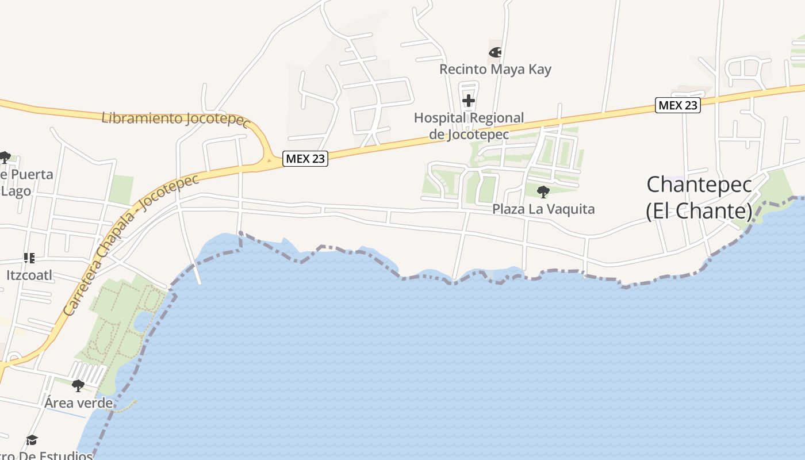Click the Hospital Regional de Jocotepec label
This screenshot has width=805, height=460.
click(x=469, y=126)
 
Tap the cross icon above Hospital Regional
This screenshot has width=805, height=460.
click(x=469, y=101)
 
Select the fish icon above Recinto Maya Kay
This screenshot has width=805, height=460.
click(x=494, y=52)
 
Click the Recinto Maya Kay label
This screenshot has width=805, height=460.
click(x=495, y=70)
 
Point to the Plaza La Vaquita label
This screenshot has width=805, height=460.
click(x=543, y=209)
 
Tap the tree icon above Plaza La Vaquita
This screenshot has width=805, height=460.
click(x=543, y=191)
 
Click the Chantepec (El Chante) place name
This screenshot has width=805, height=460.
click(x=699, y=198)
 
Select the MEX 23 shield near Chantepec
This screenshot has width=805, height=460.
click(x=678, y=105)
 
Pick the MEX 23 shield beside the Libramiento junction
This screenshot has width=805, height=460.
click(x=305, y=159)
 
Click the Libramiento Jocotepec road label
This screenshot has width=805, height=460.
click(x=176, y=120)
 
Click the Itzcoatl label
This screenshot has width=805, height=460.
click(x=29, y=275)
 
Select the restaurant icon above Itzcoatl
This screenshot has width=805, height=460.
click(x=29, y=258)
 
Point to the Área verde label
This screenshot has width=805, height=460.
click(x=78, y=402)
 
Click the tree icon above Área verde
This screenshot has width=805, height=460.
click(x=78, y=385)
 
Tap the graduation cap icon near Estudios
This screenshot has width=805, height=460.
click(x=32, y=440)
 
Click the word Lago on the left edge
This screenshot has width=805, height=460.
click(x=16, y=191)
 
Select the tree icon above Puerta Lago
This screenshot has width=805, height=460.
click(x=5, y=157)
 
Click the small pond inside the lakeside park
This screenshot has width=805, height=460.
click(x=143, y=321)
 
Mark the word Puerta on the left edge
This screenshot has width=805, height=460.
click(x=32, y=174)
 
